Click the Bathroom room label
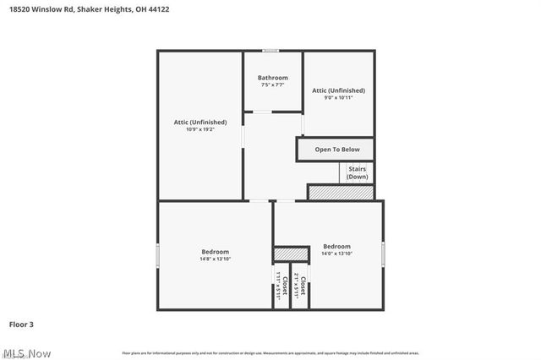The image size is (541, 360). (x=272, y=78)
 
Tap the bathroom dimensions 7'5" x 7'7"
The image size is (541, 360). (x=272, y=85)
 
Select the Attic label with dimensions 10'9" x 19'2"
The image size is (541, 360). (x=200, y=123)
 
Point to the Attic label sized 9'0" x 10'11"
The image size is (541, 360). (x=338, y=90)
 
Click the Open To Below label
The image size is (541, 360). (x=336, y=150)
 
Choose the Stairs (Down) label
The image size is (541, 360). (x=357, y=172)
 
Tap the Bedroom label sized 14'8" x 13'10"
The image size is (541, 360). (x=215, y=252)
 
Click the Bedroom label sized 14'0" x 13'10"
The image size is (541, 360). (x=336, y=248)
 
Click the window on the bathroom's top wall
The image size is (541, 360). (x=270, y=51)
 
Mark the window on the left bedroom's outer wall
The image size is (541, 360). (x=157, y=255)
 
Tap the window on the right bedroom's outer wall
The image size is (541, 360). (x=383, y=254)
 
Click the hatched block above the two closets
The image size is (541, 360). (x=290, y=254)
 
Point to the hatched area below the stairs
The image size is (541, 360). (x=341, y=193)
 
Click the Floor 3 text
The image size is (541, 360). (x=21, y=324)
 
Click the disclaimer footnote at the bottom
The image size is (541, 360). (x=270, y=352)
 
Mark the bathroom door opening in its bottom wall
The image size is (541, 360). (x=262, y=112)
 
